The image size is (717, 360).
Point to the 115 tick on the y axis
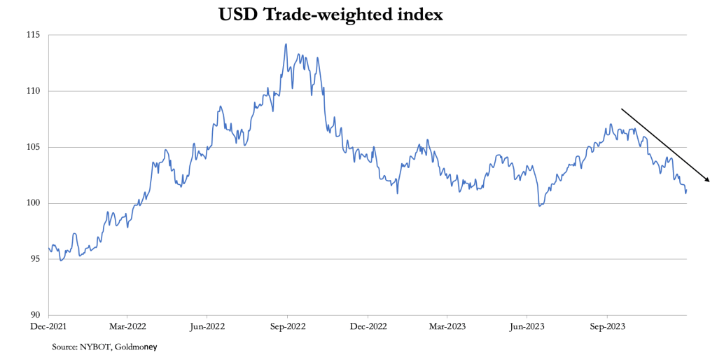[x=33, y=35]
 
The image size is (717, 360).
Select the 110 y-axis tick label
[x=33, y=91]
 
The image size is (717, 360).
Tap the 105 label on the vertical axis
[x=33, y=147]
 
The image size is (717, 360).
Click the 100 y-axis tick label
[x=33, y=203]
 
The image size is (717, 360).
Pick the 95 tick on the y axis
[x=35, y=259]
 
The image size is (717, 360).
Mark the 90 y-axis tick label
[x=35, y=315]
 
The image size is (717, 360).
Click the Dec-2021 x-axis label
[x=48, y=326]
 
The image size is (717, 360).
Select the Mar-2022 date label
[x=128, y=326]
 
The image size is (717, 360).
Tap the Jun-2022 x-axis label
[x=207, y=326]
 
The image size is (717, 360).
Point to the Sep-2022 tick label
[x=287, y=326]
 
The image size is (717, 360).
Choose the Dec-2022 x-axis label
[x=368, y=326]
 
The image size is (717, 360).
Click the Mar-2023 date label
[x=447, y=326]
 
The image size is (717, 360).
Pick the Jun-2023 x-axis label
[x=527, y=326]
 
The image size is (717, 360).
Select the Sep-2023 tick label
[x=606, y=326]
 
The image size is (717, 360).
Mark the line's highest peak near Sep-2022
[x=286, y=44]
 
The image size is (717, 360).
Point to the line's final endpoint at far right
[x=686, y=190]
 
